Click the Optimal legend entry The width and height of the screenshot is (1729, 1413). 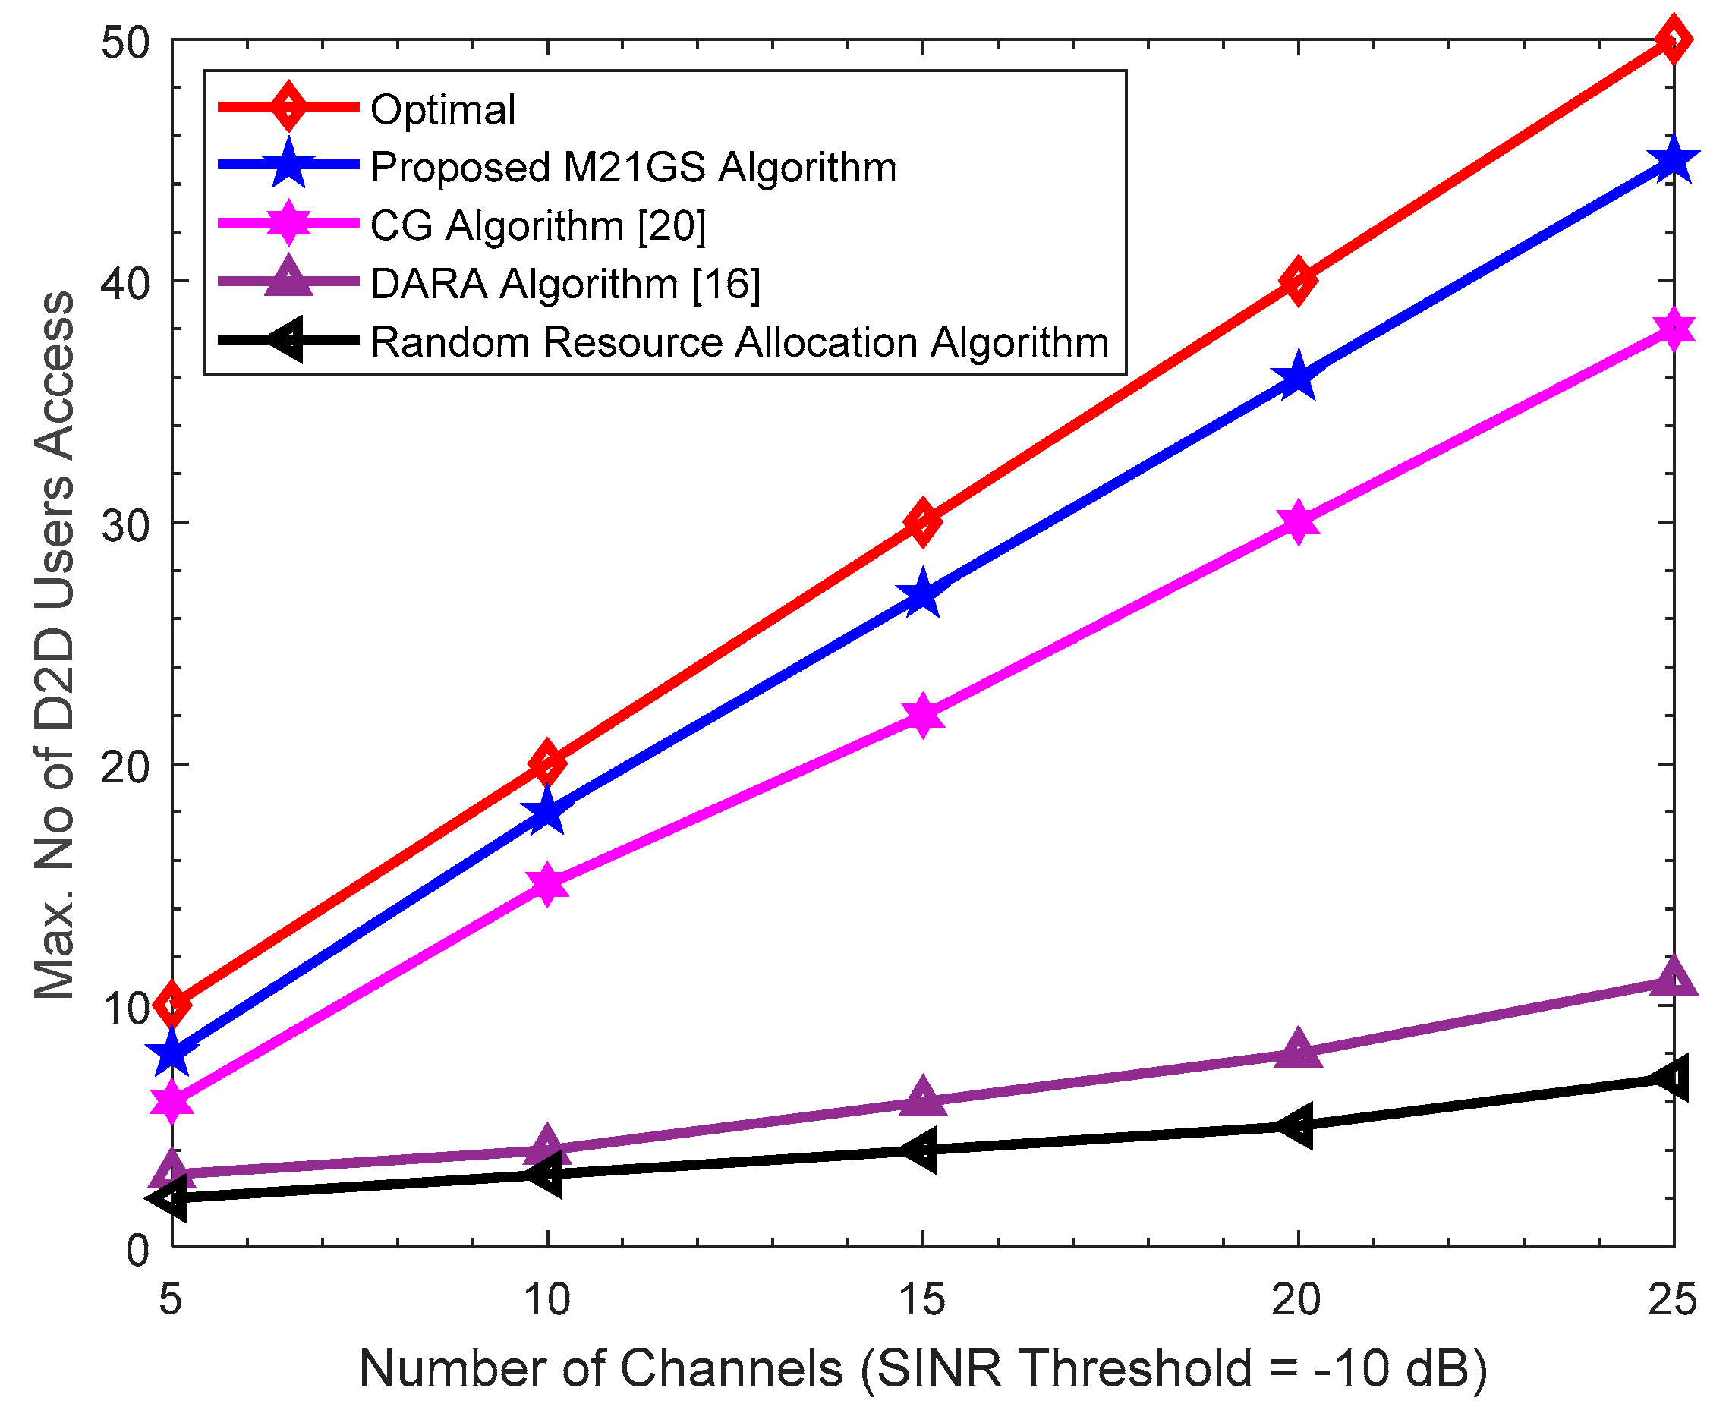[442, 109]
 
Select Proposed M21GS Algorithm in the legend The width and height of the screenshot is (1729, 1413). [633, 167]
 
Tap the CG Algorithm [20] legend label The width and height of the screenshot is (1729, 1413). [537, 225]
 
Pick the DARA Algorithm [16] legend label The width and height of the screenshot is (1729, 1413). [565, 284]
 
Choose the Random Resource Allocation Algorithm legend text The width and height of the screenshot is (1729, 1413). [739, 341]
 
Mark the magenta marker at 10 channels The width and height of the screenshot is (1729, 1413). [547, 884]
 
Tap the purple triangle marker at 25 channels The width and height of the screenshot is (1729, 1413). [1673, 978]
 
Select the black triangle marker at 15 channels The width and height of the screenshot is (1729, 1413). [922, 1150]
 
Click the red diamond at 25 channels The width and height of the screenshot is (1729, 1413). [1673, 39]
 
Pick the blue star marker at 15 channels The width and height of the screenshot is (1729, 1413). [922, 594]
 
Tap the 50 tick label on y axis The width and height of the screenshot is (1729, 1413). [126, 42]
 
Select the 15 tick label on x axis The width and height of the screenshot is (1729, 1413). [922, 1300]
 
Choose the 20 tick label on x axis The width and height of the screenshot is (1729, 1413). [1296, 1300]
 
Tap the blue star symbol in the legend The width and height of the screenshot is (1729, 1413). [288, 165]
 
